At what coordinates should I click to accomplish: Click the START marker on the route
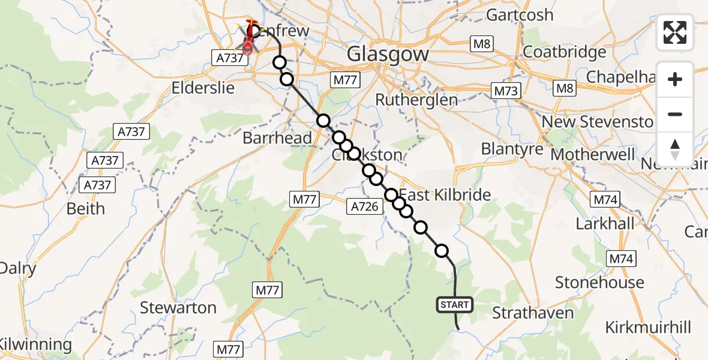455,305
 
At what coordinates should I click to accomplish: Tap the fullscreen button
675,32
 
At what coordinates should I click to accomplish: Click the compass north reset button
675,149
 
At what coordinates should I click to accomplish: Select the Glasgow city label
388,54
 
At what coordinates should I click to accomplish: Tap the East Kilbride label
445,194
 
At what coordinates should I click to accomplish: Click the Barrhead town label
277,138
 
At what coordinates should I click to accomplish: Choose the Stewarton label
178,308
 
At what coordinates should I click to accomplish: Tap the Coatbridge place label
565,52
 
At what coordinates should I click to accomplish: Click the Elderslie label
202,88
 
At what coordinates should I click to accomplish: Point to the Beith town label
86,209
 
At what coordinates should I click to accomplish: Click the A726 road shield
364,207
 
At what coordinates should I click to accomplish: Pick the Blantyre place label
512,148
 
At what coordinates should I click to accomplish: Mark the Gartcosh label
520,14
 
